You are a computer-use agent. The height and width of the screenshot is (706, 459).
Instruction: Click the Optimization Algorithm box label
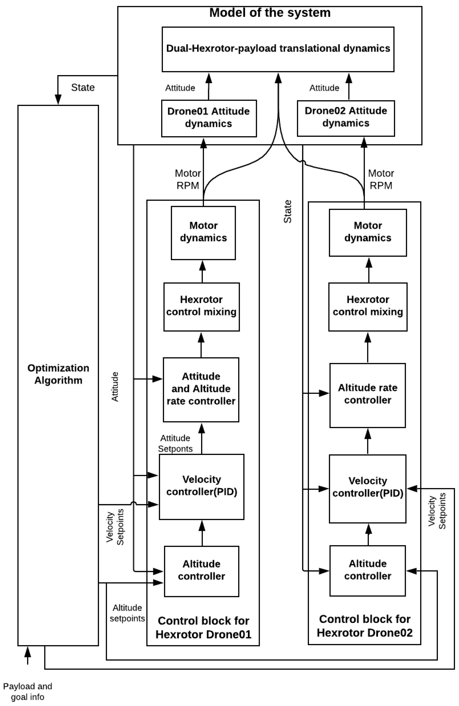pyautogui.click(x=58, y=374)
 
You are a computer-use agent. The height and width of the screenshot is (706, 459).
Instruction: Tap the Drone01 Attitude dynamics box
pyautogui.click(x=209, y=118)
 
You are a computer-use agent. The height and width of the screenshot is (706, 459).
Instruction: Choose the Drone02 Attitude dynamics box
pyautogui.click(x=346, y=118)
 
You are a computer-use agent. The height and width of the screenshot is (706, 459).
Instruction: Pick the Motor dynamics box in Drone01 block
pyautogui.click(x=203, y=233)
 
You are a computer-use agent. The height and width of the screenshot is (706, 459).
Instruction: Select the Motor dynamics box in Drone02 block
pyautogui.click(x=368, y=233)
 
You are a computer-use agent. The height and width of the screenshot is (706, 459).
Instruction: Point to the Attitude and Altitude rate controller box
pyautogui.click(x=201, y=389)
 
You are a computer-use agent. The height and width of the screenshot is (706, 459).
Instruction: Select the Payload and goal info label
pyautogui.click(x=27, y=691)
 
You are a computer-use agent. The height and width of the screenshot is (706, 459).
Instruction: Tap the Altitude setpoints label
pyautogui.click(x=127, y=613)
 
